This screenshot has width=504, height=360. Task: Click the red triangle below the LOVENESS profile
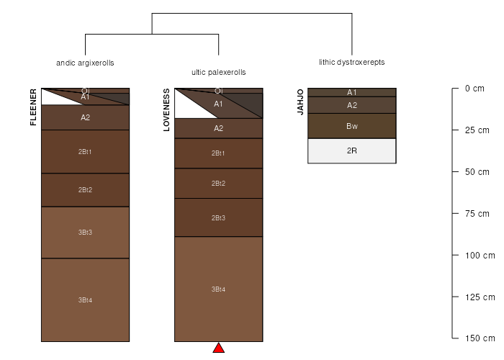tap(219, 348)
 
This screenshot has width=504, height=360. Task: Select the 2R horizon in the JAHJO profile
tap(352, 150)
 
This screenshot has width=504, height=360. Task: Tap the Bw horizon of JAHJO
tap(352, 126)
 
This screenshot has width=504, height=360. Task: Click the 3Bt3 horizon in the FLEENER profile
tap(85, 233)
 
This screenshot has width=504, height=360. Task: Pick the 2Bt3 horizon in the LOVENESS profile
tap(219, 217)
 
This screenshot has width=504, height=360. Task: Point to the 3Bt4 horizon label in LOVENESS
tap(218, 289)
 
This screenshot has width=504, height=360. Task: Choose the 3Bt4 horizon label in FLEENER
tap(85, 300)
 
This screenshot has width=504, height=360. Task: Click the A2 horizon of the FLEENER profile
tap(85, 117)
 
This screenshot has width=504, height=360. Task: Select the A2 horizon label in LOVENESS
tap(219, 129)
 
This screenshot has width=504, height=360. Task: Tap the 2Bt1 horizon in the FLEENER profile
tap(85, 151)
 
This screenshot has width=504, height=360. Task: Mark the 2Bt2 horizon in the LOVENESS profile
tap(219, 183)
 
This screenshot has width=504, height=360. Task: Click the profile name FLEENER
tap(33, 107)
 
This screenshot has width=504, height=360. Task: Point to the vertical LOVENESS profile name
tap(166, 110)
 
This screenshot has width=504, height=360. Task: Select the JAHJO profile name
tap(300, 102)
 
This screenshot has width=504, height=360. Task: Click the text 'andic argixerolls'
tap(85, 63)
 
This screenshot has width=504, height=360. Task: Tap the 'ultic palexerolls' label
tap(219, 72)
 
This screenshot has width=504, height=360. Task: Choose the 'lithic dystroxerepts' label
tap(352, 63)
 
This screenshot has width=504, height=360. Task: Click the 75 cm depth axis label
tap(477, 214)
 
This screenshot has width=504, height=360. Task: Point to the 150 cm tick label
tap(480, 338)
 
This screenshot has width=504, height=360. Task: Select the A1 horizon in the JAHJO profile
tap(352, 93)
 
